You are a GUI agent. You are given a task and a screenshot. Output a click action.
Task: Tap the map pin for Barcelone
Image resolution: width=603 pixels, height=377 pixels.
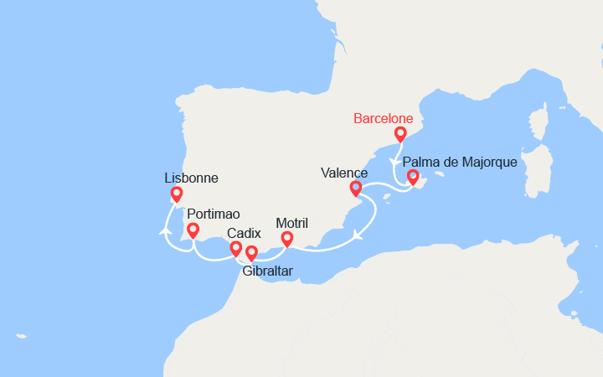400,133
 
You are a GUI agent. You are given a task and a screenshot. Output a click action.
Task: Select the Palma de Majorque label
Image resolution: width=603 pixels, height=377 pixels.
460,162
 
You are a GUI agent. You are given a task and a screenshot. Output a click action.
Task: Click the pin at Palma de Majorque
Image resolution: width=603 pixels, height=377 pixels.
412,177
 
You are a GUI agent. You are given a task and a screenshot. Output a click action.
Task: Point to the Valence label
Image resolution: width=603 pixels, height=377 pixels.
344,173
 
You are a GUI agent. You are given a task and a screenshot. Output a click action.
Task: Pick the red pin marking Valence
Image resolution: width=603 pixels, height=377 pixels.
355,188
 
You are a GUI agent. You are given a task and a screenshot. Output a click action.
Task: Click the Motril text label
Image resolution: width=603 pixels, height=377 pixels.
292,223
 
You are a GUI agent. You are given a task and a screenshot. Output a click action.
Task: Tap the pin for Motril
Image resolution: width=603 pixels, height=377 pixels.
286,239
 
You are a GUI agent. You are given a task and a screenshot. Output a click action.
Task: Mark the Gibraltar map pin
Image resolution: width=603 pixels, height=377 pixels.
251,252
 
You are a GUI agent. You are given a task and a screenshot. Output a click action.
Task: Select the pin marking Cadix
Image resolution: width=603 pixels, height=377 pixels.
236,248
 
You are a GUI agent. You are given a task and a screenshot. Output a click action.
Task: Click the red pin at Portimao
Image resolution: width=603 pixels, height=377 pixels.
193,230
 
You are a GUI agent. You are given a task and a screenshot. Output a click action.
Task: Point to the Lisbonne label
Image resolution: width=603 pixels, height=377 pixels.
192,178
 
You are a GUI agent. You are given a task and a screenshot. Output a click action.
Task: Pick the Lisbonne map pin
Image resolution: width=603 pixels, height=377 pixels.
176,194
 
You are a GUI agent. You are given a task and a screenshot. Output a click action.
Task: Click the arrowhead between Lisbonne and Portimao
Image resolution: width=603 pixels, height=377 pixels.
166,230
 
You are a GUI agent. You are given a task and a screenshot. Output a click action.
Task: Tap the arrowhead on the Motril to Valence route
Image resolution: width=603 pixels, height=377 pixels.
358,235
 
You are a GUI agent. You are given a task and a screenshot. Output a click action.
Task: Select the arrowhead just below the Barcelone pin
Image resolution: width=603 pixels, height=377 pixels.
394,163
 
